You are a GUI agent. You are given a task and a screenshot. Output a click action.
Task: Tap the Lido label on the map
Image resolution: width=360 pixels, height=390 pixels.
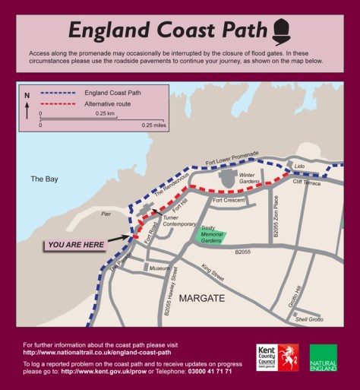pos(298,166)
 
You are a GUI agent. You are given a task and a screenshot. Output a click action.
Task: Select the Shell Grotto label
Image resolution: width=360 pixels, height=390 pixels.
pos(309,319)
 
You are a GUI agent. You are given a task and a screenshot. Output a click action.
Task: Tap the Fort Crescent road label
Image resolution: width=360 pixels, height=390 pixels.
pos(229,200)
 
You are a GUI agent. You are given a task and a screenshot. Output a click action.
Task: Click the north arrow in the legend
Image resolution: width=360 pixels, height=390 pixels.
pos(28,107)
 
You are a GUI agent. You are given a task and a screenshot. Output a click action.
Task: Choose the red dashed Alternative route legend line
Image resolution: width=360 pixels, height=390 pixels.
pos(51,103)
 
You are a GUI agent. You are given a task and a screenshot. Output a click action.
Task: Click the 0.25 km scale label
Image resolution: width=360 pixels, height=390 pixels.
pos(105,113)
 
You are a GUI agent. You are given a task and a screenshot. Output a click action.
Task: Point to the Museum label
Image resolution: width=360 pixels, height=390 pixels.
pos(159,269)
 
